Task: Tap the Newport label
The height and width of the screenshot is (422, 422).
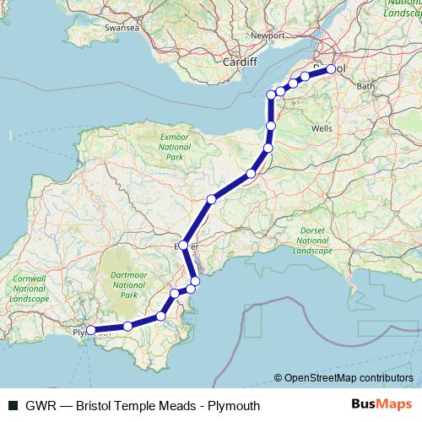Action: (x=268, y=37)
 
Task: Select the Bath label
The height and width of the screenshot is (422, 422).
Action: (x=365, y=86)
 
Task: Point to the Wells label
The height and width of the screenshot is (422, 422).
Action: (x=322, y=127)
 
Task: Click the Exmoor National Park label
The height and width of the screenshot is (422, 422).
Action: (x=175, y=145)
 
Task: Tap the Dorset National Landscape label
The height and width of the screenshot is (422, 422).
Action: (x=313, y=241)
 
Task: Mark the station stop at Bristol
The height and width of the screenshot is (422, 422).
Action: (x=331, y=69)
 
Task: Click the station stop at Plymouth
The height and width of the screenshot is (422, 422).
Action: (x=90, y=331)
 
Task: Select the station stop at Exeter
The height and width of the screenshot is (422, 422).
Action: (x=184, y=246)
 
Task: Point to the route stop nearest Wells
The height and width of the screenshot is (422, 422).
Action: (x=271, y=126)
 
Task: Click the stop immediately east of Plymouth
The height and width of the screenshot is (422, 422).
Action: (x=127, y=327)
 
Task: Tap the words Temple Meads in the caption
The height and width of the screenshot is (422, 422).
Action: (x=160, y=406)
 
